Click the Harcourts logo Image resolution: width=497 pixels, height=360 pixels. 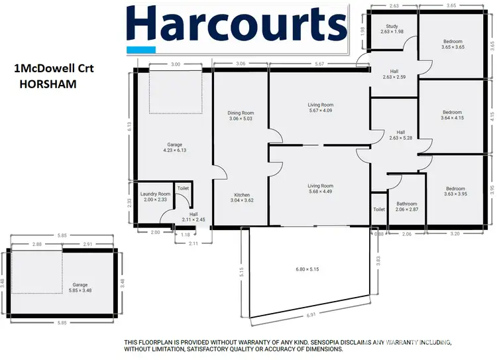(237, 26)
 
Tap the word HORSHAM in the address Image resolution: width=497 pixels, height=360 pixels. (48, 85)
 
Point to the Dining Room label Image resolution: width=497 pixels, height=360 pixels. (241, 116)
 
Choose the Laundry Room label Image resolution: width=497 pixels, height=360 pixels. (155, 197)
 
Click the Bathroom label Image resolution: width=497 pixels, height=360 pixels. (407, 207)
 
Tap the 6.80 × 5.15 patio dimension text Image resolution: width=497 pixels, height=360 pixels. (307, 269)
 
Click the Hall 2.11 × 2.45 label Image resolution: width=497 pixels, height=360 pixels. (193, 216)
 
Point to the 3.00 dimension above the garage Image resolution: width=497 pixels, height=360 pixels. (176, 64)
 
